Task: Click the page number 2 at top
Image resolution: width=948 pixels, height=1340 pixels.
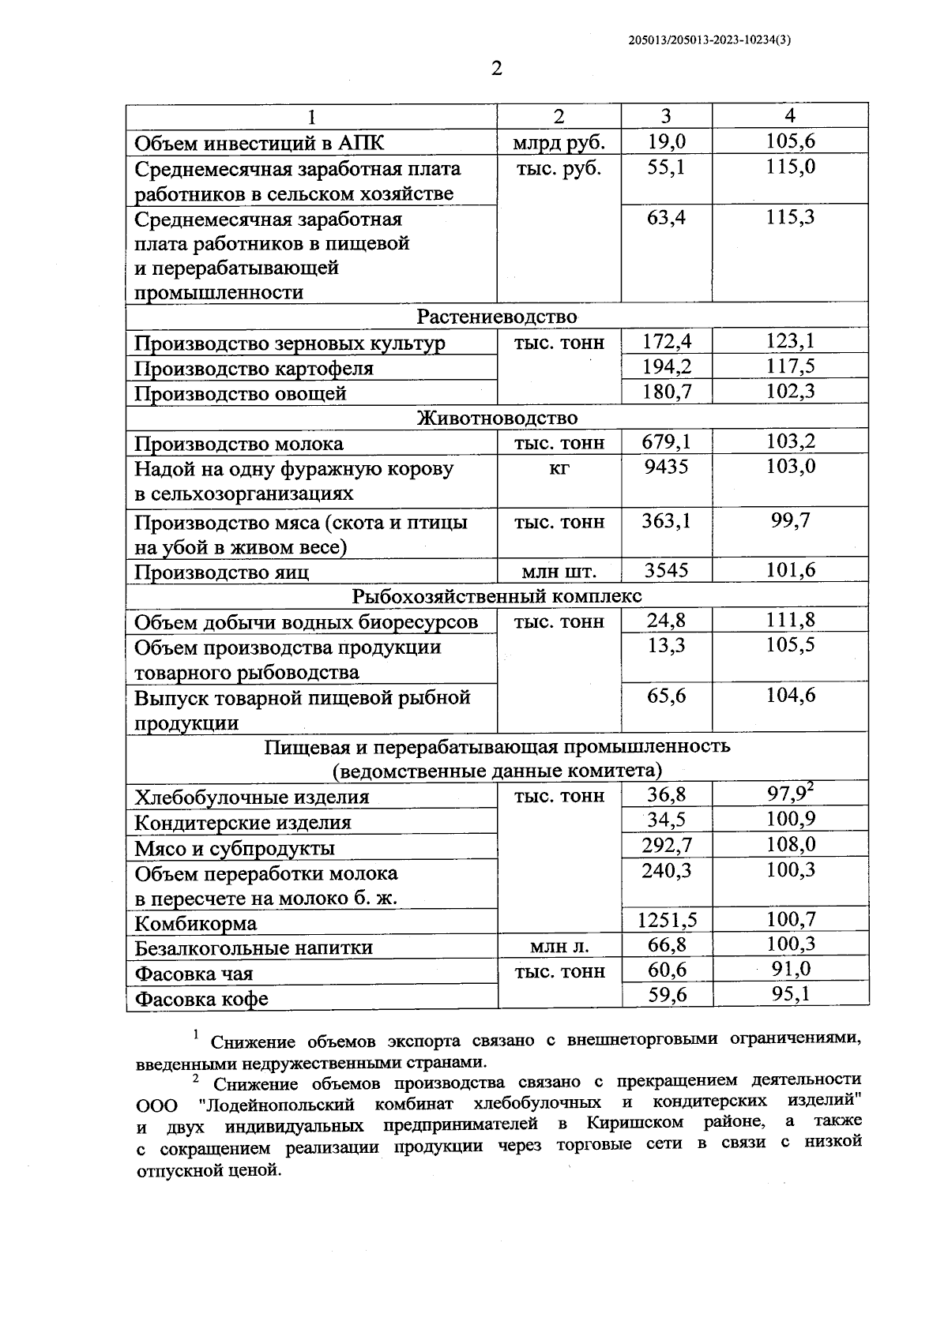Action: [x=496, y=69]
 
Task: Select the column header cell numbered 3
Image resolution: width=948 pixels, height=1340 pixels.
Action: [x=666, y=116]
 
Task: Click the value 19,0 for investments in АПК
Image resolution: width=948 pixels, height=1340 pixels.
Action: [x=666, y=141]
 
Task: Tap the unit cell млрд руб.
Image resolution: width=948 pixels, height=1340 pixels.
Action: [x=559, y=142]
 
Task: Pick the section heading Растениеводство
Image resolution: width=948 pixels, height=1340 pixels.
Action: [x=497, y=317]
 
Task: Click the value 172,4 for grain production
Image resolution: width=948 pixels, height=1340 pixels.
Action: [x=666, y=342]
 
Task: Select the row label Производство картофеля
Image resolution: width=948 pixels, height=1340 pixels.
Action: [x=254, y=369]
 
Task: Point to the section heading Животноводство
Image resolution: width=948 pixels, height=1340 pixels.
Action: [x=497, y=418]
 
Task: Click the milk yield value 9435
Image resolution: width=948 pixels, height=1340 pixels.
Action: [x=666, y=467]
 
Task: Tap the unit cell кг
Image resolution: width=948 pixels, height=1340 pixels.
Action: [x=559, y=467]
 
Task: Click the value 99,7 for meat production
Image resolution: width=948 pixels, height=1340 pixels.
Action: [x=790, y=521]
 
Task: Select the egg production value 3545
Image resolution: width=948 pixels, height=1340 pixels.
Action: [x=666, y=571]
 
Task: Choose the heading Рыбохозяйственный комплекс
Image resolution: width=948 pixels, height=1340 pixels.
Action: [x=497, y=595]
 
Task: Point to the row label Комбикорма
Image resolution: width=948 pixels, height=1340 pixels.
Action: [x=196, y=923]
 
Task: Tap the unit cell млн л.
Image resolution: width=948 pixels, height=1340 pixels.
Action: [x=559, y=946]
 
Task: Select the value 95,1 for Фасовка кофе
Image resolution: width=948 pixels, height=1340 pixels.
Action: [x=790, y=994]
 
